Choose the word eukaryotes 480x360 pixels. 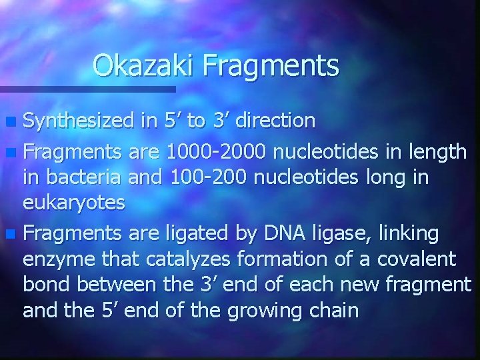pos(74,203)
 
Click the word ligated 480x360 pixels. pos(200,234)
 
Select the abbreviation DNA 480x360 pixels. pos(283,233)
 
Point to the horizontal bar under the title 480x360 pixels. pos(87,89)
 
